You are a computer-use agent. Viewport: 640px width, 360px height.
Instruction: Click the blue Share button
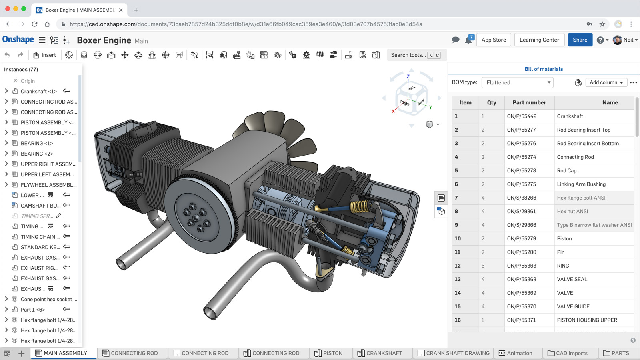pos(580,40)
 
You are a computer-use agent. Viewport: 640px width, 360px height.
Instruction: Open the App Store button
pos(493,40)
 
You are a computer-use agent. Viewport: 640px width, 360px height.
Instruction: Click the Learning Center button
pos(539,40)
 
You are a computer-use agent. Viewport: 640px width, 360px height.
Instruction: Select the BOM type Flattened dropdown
pos(517,82)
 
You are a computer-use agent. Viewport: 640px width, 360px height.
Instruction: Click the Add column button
pos(606,82)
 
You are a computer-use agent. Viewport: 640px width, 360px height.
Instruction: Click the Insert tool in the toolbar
pos(44,55)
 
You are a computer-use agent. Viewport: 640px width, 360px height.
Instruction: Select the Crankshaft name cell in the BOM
pos(570,116)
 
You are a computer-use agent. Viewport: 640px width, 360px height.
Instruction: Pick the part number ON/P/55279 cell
pos(521,238)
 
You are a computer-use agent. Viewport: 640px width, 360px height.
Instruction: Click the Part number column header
pos(529,102)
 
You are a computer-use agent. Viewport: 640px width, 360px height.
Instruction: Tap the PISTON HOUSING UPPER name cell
pos(586,320)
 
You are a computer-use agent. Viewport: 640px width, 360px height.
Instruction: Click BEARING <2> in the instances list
pos(37,154)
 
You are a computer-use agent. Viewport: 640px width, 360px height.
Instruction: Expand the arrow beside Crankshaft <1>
pos(6,91)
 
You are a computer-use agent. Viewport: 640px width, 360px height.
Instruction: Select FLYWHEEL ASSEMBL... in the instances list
pos(48,185)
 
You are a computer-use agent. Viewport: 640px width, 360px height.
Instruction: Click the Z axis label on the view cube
pos(408,76)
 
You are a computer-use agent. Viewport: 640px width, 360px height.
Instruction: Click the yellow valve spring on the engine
pos(359,206)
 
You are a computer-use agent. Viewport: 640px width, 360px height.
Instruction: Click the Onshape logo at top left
pos(18,40)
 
